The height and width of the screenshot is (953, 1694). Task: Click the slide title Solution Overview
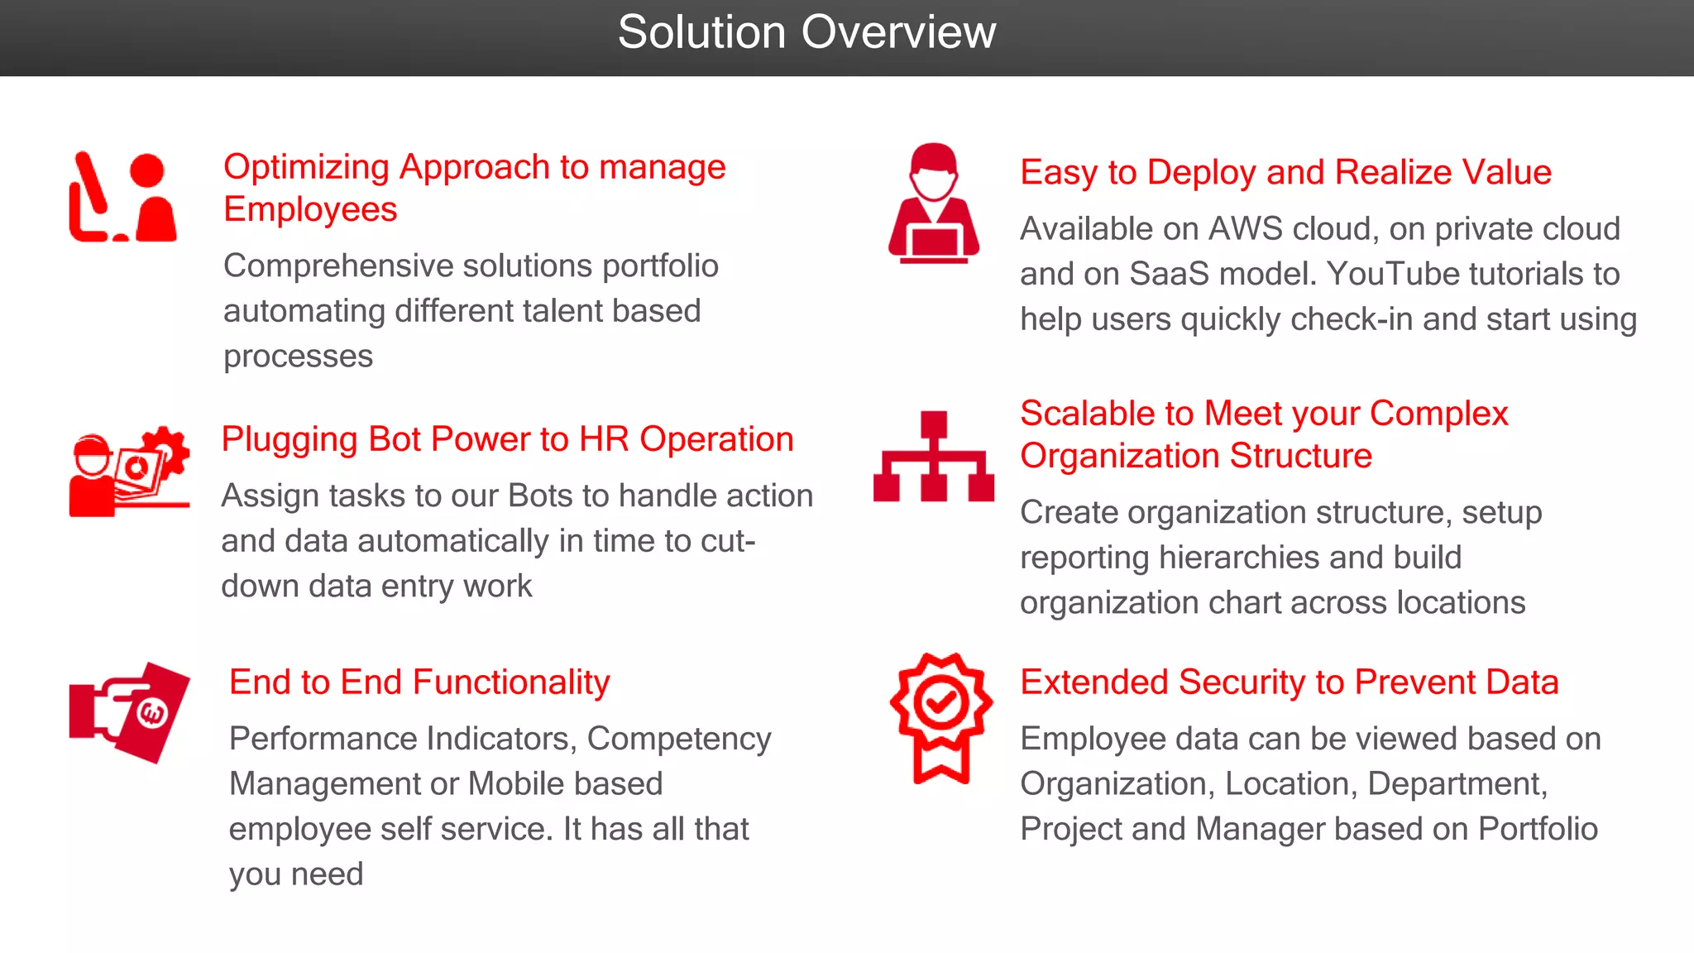pyautogui.click(x=806, y=33)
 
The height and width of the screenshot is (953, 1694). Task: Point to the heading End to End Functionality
pyautogui.click(x=419, y=682)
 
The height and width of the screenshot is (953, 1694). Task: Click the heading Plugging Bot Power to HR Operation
pyautogui.click(x=507, y=439)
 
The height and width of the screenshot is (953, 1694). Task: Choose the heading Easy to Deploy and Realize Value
pyautogui.click(x=1285, y=172)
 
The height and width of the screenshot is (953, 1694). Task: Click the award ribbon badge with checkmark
pyautogui.click(x=941, y=716)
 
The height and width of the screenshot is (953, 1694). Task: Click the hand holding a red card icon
pyautogui.click(x=131, y=711)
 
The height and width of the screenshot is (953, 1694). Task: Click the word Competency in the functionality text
pyautogui.click(x=679, y=739)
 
